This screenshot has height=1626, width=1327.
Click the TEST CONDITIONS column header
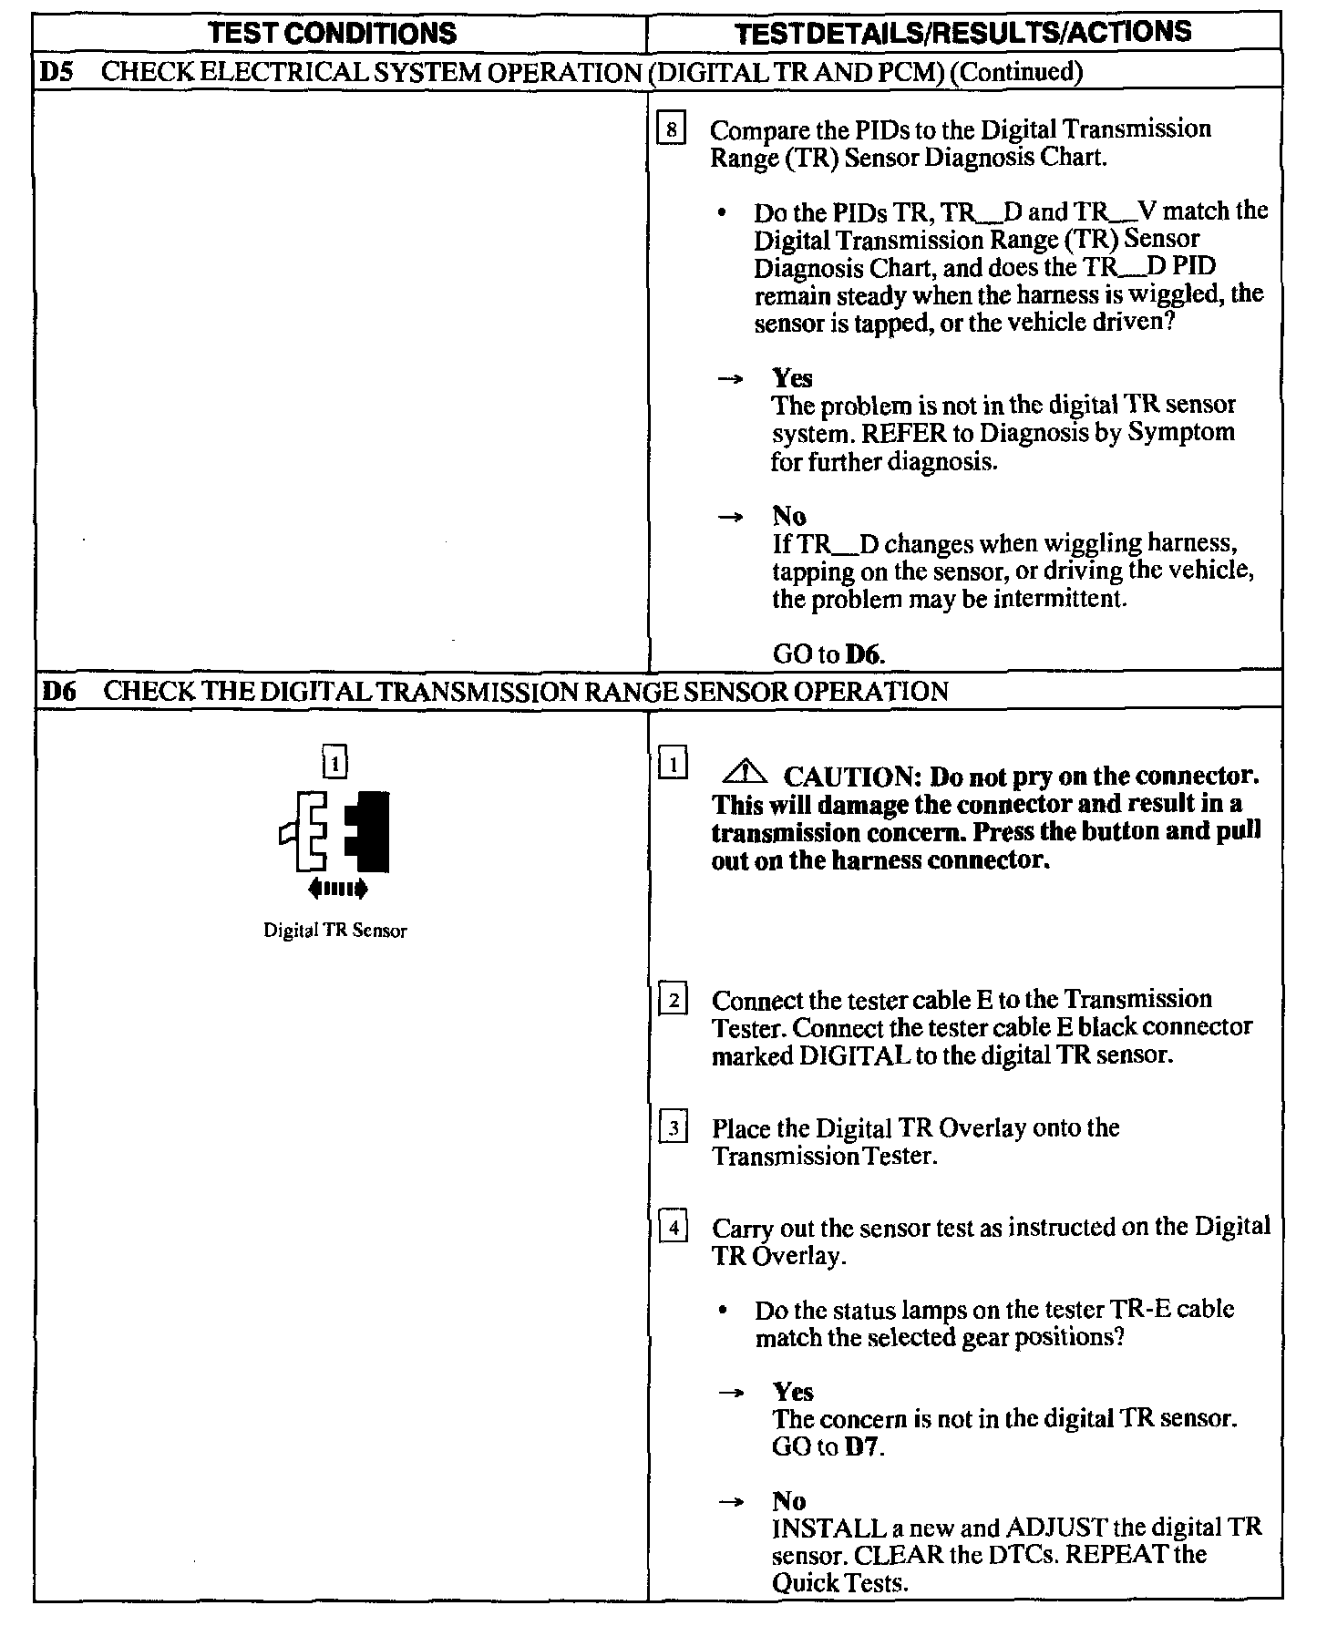[x=333, y=34]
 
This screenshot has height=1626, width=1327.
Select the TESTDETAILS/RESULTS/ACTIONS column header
[x=963, y=33]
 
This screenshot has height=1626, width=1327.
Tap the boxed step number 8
[x=672, y=130]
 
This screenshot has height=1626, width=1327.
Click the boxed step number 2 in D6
[x=674, y=1001]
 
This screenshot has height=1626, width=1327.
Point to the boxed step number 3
[x=674, y=1128]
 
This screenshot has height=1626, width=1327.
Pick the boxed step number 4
[x=674, y=1229]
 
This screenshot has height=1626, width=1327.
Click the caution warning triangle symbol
[x=745, y=774]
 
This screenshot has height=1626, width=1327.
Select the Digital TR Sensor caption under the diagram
[x=334, y=931]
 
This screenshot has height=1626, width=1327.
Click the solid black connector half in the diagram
[x=370, y=830]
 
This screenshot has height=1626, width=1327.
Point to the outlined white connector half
[x=308, y=830]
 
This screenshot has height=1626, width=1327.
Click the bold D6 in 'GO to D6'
[x=865, y=654]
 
